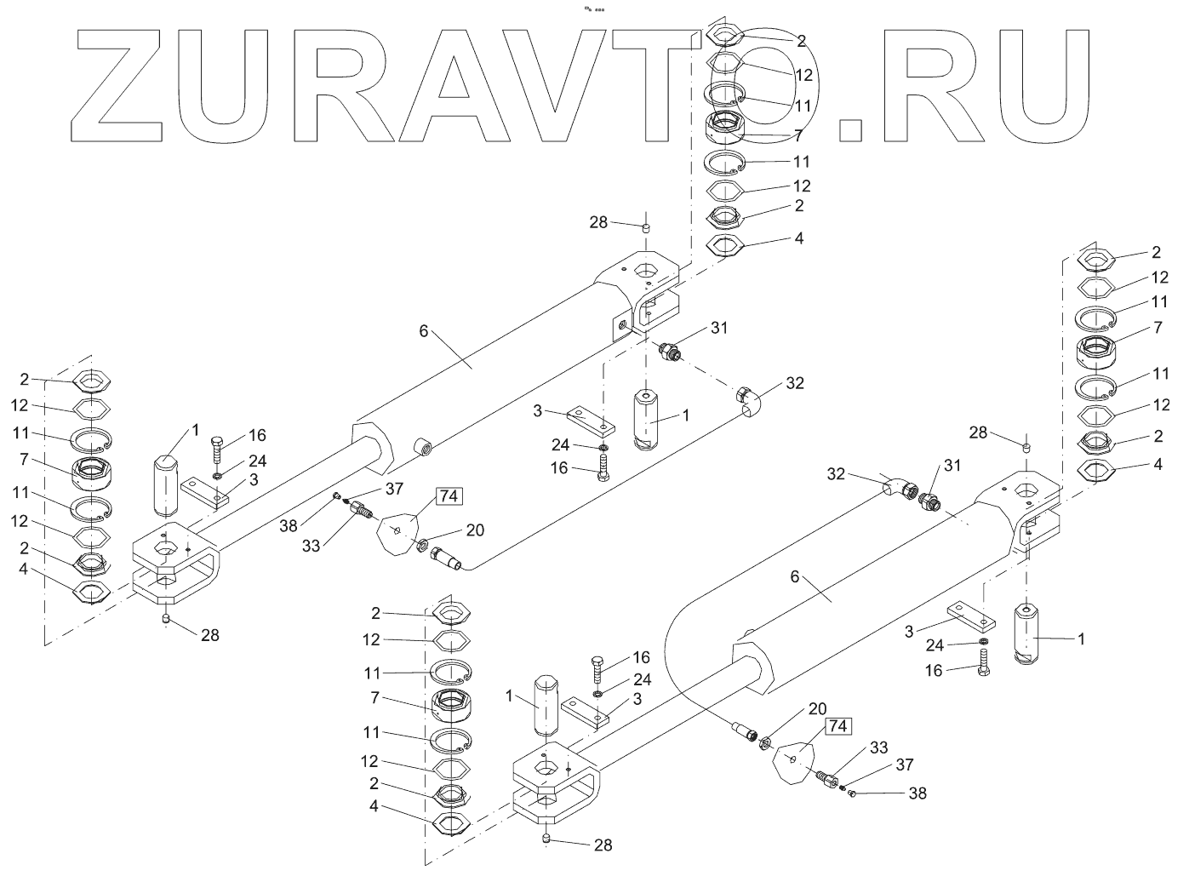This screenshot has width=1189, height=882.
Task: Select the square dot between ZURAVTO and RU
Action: click(850, 129)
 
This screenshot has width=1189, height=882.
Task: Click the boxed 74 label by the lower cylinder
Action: click(837, 725)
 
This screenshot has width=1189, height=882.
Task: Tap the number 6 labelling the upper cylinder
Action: click(423, 333)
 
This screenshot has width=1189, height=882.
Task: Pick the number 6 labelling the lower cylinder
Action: click(795, 577)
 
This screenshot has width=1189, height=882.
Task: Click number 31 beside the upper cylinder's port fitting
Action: click(719, 327)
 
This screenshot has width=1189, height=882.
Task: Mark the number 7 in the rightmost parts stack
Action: click(1157, 327)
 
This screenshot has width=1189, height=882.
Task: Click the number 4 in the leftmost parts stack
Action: click(24, 568)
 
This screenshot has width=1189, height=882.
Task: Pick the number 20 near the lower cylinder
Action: click(816, 707)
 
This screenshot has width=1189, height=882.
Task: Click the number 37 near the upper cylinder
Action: click(393, 489)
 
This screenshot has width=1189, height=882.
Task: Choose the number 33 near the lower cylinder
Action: click(878, 748)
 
